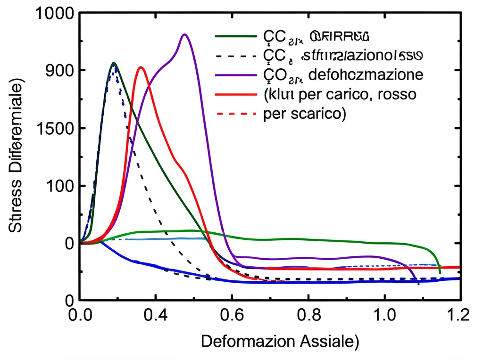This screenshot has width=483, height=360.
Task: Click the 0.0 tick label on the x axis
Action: point(79,314)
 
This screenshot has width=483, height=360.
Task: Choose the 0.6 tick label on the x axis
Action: point(232,314)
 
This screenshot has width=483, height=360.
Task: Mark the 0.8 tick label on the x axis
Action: point(308,314)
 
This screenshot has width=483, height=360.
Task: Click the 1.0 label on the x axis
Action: point(384,314)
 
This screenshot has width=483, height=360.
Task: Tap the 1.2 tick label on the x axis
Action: point(458,314)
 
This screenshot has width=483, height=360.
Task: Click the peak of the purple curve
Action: point(185,34)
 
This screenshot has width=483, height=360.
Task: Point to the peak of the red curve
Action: point(141,67)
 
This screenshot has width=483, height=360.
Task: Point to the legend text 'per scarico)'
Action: point(302,114)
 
